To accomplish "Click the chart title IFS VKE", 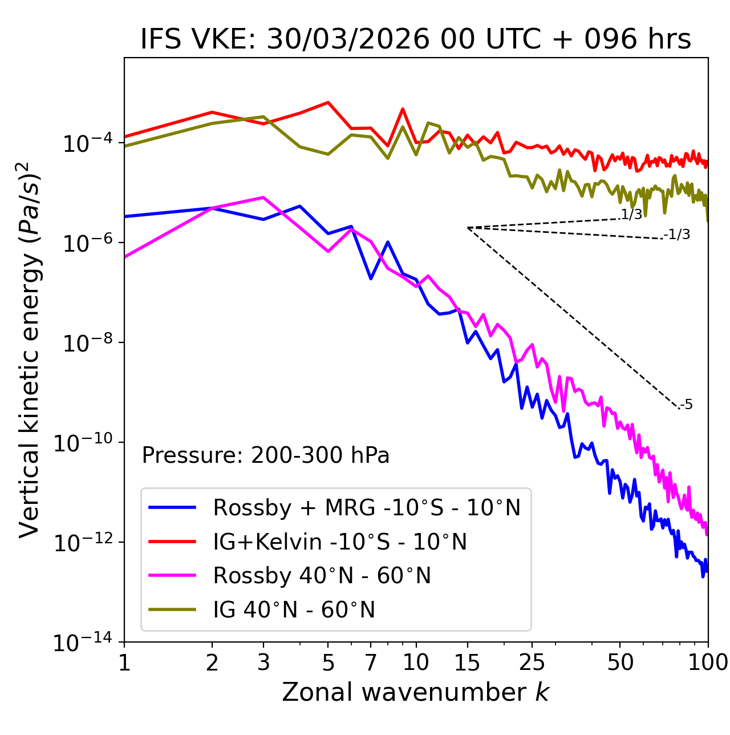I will pos(416,39).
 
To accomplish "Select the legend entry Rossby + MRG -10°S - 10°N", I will pos(367,507).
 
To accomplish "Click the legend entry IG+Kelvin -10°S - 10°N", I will pos(340,542).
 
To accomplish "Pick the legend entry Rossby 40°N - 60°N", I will pos(322,576).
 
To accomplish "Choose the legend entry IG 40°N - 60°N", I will pos(294,610).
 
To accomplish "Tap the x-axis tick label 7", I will pos(371,663).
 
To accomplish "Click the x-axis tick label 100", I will pos(708,663).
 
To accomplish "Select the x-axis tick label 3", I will pos(263,663).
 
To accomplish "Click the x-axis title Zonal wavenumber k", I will pos(416,692).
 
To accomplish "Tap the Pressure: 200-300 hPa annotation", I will pos(266,455).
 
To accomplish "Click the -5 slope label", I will pos(687,405).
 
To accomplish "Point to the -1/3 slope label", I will pos(678,235).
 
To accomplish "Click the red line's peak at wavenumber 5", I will pos(328,103).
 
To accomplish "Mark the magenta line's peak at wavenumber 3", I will pos(263,197).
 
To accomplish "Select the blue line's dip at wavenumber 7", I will pos(371,278).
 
